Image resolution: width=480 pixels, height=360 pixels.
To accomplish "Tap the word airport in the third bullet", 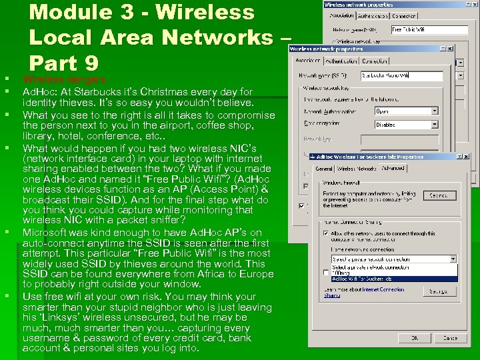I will click(157, 125).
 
